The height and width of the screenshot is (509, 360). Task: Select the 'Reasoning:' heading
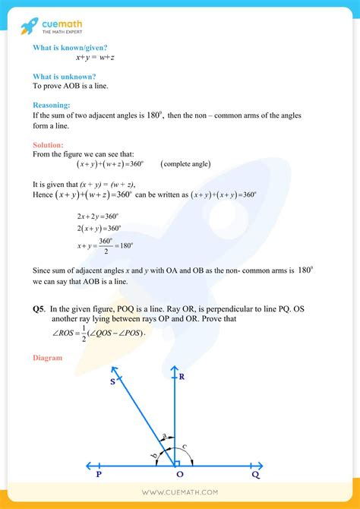pyautogui.click(x=52, y=105)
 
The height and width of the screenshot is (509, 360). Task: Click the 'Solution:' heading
pyautogui.click(x=49, y=144)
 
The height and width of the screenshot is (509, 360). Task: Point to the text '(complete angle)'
pyautogui.click(x=185, y=164)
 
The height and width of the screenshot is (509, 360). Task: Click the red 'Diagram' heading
pyautogui.click(x=49, y=357)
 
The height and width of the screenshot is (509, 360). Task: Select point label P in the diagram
pyautogui.click(x=99, y=474)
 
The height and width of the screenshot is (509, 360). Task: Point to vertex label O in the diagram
pyautogui.click(x=179, y=474)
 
